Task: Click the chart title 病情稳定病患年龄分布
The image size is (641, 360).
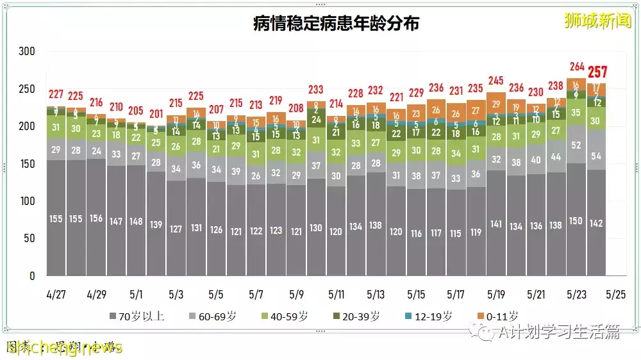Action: click(x=337, y=24)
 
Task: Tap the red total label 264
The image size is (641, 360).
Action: click(x=577, y=67)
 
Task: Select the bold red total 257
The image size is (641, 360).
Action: click(x=597, y=72)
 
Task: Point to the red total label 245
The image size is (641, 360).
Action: click(x=496, y=81)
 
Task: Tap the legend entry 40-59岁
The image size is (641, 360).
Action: click(x=284, y=316)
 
